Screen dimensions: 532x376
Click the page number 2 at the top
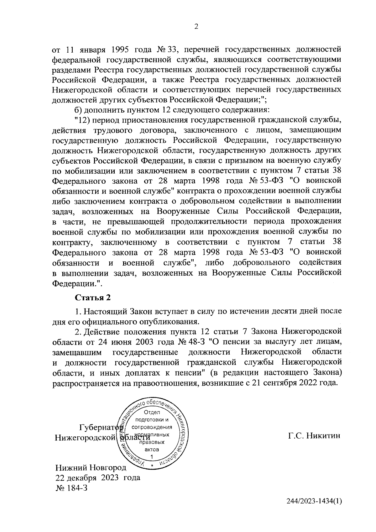[196, 27]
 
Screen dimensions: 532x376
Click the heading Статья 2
[92, 298]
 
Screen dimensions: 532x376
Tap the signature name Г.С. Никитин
[314, 436]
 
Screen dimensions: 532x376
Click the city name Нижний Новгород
[91, 468]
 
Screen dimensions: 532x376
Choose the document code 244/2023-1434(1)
[314, 510]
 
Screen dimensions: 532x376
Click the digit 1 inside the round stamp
[152, 456]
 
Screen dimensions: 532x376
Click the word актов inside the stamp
[152, 449]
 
